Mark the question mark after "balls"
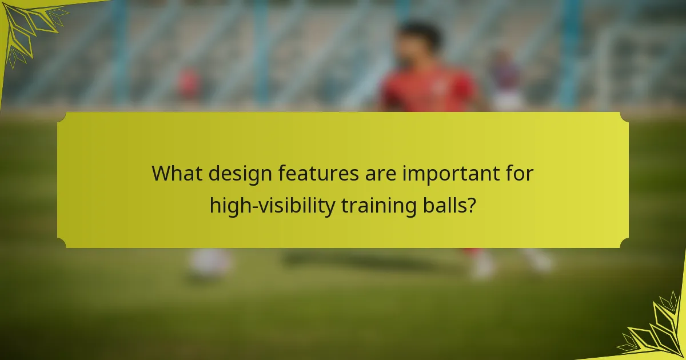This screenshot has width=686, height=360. (x=471, y=205)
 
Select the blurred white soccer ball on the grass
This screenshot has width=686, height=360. (x=210, y=263)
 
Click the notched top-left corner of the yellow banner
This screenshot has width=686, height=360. (x=62, y=117)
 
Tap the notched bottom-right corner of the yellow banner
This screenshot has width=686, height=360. (x=624, y=243)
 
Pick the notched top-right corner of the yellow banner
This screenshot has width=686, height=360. (x=624, y=117)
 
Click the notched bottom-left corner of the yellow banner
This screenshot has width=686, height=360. (x=62, y=243)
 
